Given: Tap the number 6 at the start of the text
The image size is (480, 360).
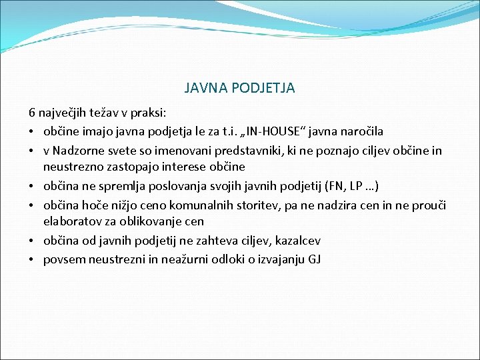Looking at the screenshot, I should point(31,113).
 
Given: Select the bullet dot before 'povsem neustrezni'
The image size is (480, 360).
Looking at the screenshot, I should point(31,259).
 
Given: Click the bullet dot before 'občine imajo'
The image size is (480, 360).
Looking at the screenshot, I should point(31,133).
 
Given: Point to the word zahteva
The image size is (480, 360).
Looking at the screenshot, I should point(195,240).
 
